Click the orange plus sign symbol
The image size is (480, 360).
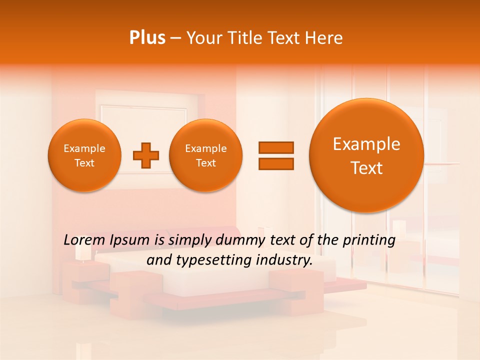pos(146,155)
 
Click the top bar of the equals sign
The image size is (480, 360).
pos(276,147)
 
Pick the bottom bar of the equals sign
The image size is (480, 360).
pos(276,163)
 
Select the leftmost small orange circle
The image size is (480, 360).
pos(84,155)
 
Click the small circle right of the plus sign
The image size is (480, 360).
pos(205,155)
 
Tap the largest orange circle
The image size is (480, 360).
pos(366,155)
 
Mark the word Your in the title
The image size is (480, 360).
pos(202,38)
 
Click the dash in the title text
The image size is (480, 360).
pos(175,38)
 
